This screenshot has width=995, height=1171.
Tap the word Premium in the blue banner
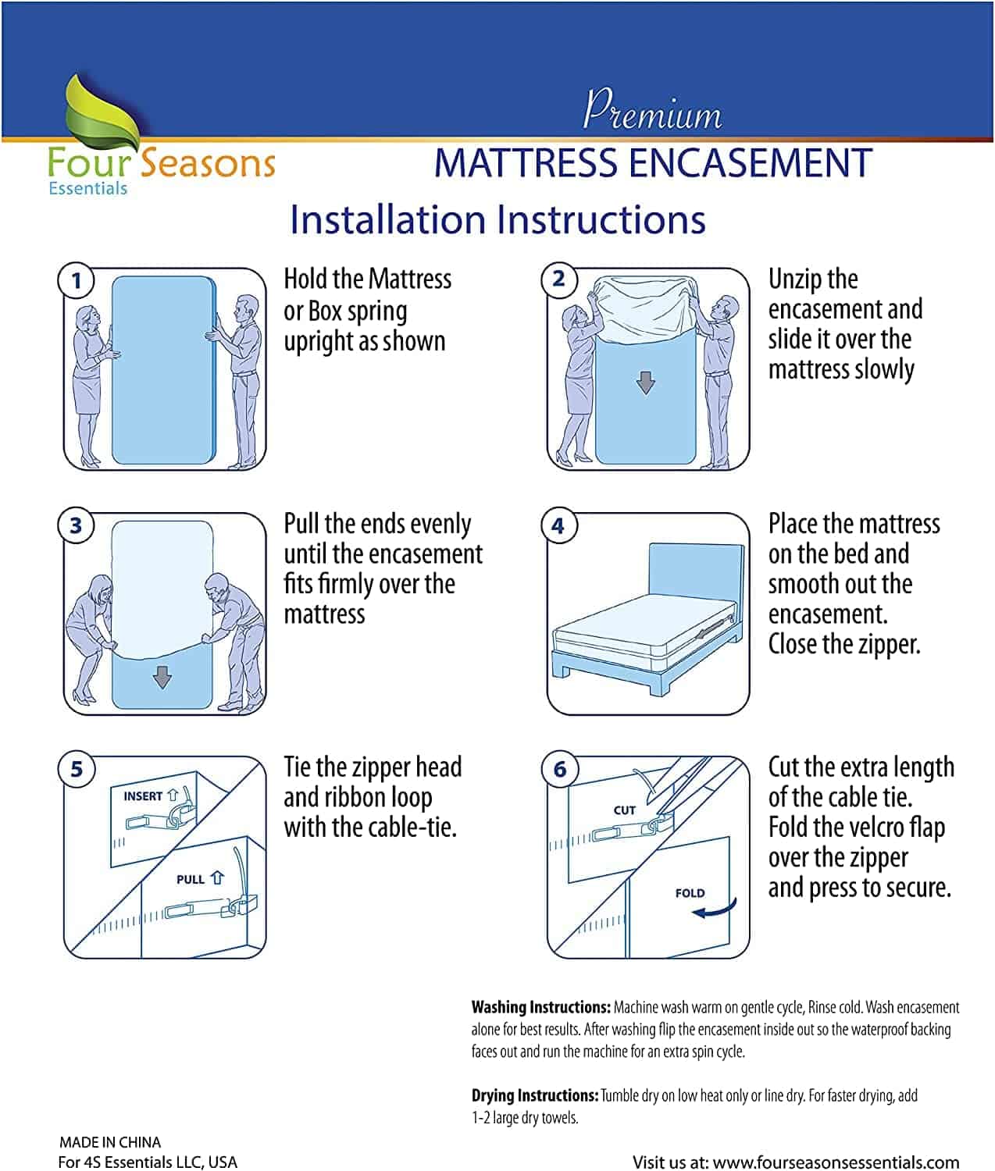tap(652, 111)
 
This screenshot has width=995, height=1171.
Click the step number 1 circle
tap(76, 280)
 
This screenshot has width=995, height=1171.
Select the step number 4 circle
tap(558, 525)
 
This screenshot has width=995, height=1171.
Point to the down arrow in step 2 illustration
tap(645, 383)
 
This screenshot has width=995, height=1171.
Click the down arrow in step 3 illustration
tap(162, 677)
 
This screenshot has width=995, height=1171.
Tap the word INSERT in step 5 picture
tap(143, 796)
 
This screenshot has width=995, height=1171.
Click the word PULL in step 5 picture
tap(191, 879)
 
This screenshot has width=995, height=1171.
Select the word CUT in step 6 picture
tap(625, 810)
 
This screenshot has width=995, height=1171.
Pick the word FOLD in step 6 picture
tap(690, 893)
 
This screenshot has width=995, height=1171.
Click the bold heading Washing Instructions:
tap(540, 1007)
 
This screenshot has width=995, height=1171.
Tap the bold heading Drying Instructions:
tap(535, 1095)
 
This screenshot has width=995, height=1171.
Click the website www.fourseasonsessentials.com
tap(836, 1162)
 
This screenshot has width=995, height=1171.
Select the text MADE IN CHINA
tap(110, 1142)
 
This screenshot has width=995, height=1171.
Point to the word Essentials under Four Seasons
tap(87, 188)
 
